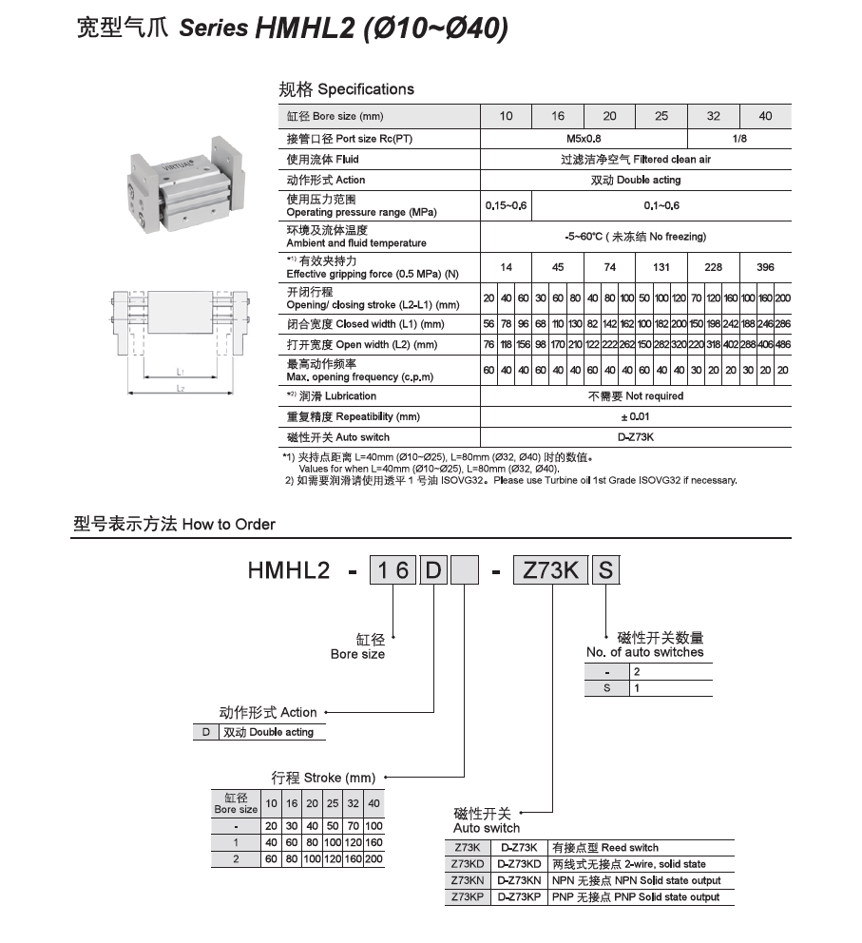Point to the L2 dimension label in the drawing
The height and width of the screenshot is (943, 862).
(179, 389)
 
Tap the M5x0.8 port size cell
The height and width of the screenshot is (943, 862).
(584, 138)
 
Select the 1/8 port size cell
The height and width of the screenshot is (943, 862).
(737, 138)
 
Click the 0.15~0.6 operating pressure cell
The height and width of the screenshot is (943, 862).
(507, 205)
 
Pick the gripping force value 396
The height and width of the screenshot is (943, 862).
(765, 267)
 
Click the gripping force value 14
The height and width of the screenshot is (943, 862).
(507, 267)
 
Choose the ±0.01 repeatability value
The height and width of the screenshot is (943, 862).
(636, 416)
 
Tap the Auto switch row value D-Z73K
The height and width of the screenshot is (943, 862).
(636, 437)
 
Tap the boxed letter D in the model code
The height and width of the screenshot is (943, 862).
(432, 570)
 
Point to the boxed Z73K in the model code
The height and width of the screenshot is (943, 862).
(550, 570)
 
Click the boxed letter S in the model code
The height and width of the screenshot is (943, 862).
(606, 570)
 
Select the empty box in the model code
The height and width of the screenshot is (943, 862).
(465, 570)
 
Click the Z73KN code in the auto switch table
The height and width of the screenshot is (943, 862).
(468, 881)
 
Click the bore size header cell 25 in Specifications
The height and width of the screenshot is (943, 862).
(661, 116)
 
